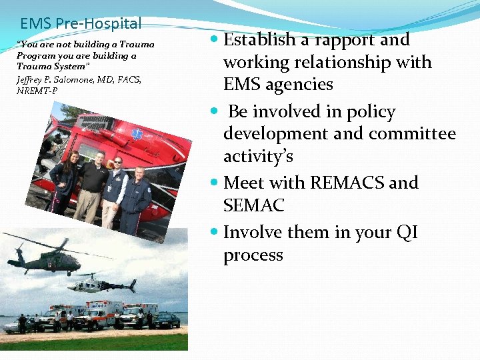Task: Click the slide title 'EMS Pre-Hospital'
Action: (81, 24)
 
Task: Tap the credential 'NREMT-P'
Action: (37, 91)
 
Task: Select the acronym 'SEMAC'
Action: (253, 206)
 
